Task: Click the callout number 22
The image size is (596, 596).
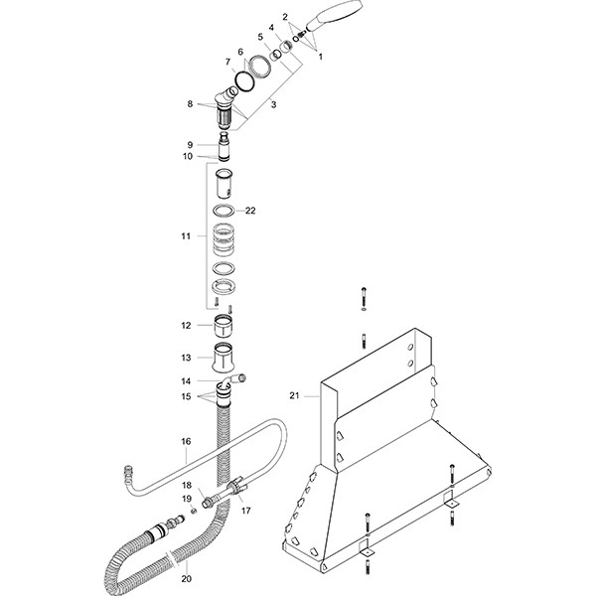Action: point(250,210)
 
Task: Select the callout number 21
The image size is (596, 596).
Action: point(294,395)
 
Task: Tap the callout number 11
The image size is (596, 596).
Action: point(185,236)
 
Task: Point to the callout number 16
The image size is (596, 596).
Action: point(185,440)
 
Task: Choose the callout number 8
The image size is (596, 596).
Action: point(189,103)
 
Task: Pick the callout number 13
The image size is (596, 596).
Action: point(185,357)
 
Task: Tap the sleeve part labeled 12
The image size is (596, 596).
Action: point(224,325)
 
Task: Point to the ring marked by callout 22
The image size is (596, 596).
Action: point(224,211)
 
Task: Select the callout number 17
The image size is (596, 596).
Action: point(245,511)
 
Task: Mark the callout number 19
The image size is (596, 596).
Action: point(185,498)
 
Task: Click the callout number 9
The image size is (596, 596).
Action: point(189,144)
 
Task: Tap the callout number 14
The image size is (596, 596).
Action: point(185,380)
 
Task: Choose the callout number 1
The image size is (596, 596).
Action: point(320,56)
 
